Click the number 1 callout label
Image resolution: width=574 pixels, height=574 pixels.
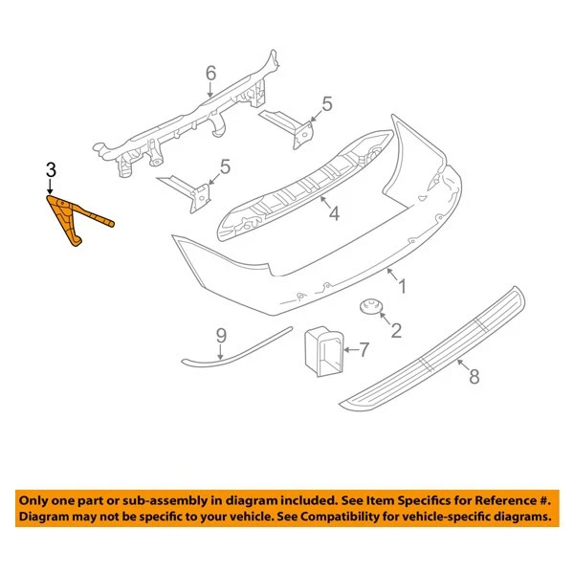(x=403, y=286)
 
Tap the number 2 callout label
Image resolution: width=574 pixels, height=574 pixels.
(x=394, y=331)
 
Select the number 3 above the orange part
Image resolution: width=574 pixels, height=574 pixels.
(x=51, y=170)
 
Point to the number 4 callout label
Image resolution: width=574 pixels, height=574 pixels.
(x=334, y=216)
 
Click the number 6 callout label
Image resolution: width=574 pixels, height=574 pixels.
(x=210, y=72)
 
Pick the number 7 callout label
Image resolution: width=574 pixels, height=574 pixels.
(x=364, y=350)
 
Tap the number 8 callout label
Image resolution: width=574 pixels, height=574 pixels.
(x=474, y=376)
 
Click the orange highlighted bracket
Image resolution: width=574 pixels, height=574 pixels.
(x=77, y=219)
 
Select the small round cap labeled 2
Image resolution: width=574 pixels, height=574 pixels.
(x=370, y=307)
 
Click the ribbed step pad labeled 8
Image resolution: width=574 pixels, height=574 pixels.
(x=430, y=349)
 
